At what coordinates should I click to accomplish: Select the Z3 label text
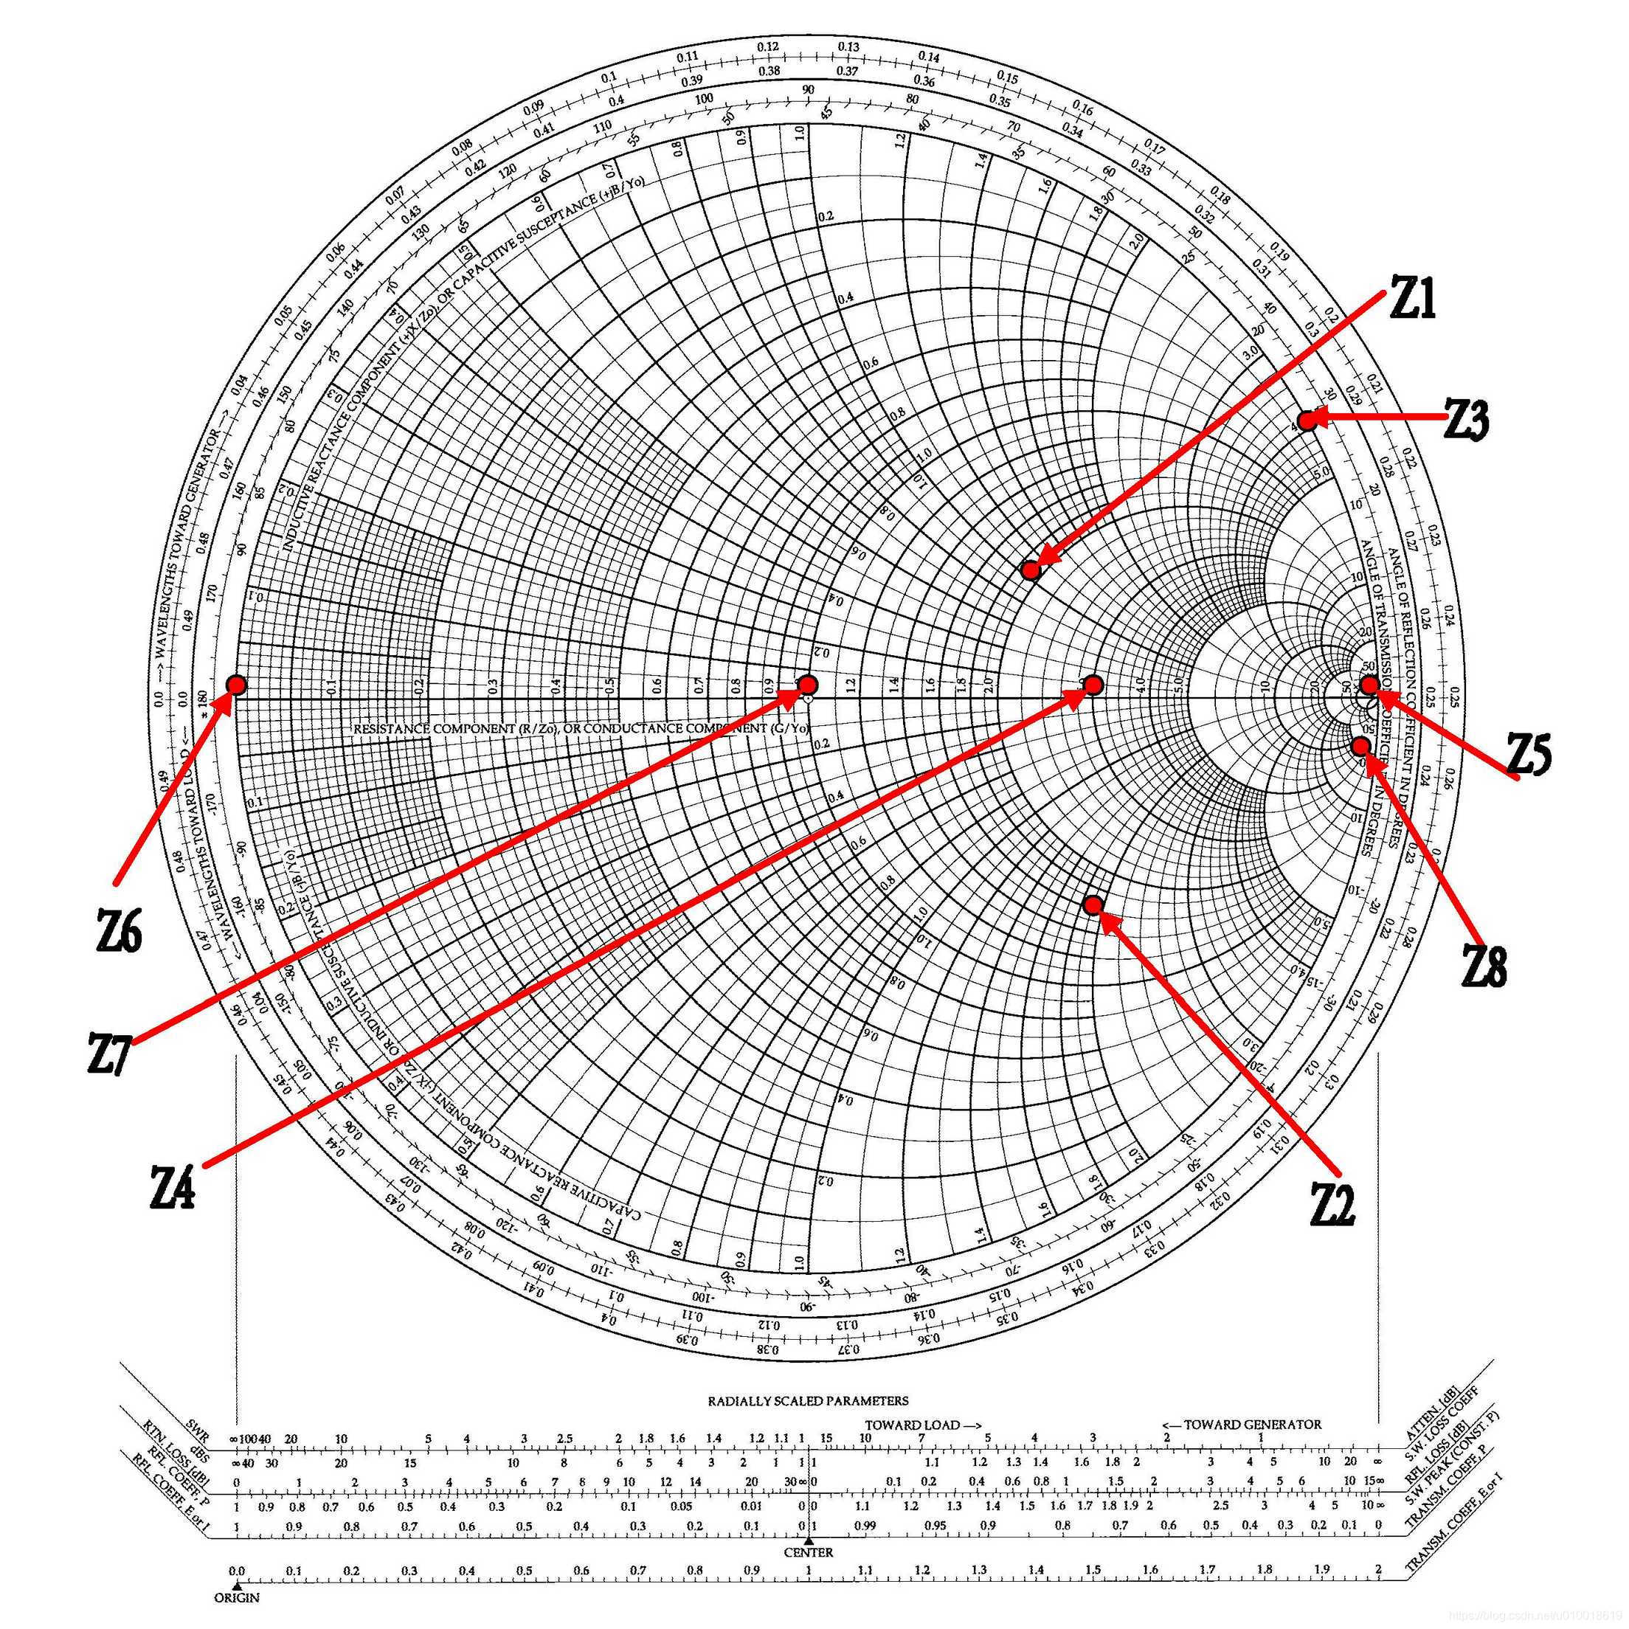(1467, 419)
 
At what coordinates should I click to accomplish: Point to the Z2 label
(1332, 1203)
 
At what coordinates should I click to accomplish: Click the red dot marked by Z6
(236, 685)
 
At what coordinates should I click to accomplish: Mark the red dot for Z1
(1031, 570)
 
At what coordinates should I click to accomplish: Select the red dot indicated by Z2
(1093, 905)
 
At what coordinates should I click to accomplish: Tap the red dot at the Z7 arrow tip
(808, 684)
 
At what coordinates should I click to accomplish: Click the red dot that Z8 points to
(1360, 746)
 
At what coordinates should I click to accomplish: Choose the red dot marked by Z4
(1093, 685)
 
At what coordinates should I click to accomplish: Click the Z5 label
(1529, 753)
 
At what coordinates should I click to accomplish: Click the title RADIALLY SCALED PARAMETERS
(808, 1401)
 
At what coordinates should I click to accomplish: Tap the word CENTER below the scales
(809, 1552)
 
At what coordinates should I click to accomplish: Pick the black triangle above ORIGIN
(237, 1586)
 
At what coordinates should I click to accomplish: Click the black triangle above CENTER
(809, 1540)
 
